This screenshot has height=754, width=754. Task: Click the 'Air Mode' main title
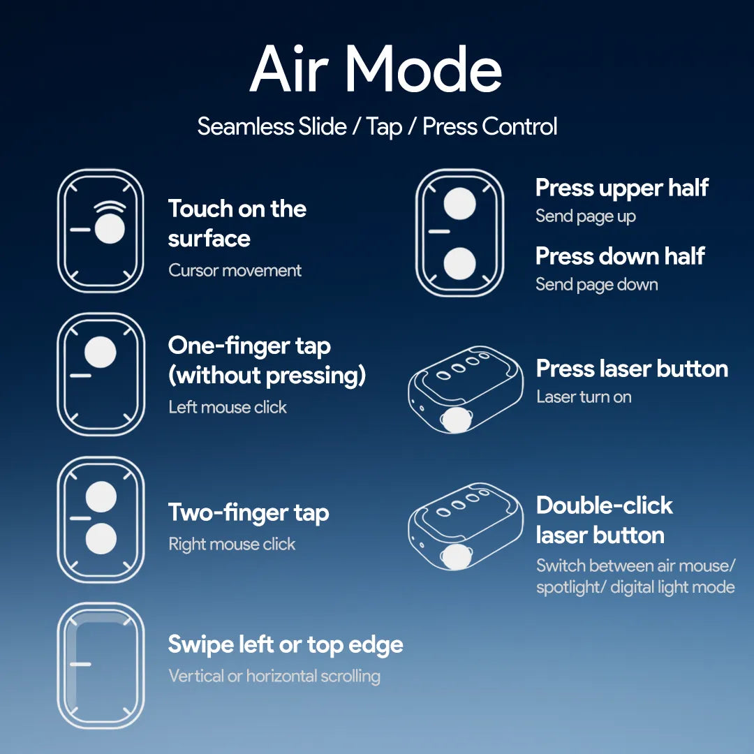pos(376,68)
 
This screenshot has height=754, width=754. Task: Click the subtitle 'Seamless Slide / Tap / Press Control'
pos(377,127)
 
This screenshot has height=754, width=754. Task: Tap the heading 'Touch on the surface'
pos(237,223)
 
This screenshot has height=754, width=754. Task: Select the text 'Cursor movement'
pos(235,270)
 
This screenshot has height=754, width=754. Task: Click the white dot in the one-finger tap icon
pos(101,352)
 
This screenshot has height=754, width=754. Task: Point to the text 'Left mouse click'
pos(228,407)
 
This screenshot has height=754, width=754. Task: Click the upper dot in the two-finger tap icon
pos(101,497)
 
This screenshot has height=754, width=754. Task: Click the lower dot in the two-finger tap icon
pos(101,538)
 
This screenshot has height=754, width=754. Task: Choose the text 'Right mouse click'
pos(232,545)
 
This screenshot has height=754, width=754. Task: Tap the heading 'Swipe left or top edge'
pos(286,645)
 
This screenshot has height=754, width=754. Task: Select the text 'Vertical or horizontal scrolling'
pos(274,676)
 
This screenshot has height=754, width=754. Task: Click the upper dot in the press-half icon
pos(459,203)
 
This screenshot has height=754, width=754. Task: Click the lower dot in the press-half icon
pos(459,263)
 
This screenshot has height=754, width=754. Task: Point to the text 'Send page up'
pos(586,216)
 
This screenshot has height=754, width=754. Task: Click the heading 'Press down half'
pos(621,256)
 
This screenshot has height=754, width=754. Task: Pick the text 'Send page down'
pos(597,285)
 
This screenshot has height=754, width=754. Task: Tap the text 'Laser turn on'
pos(584,397)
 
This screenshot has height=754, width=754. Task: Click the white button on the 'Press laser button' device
pos(456,420)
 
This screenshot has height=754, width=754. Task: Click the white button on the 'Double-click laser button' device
pos(456,557)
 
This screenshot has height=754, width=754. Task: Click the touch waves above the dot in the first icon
pos(110,207)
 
